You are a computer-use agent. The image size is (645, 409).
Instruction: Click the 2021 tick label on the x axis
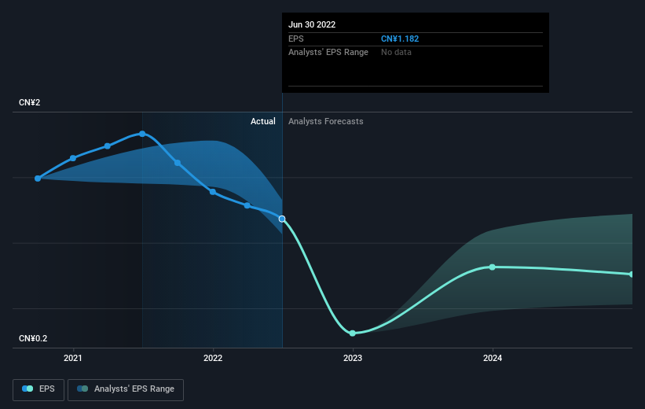pos(73,358)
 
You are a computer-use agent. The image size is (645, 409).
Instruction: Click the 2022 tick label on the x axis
pos(213,358)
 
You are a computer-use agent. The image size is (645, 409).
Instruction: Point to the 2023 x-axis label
pos(353,358)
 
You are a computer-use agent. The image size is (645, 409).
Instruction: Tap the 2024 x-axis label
pos(493,358)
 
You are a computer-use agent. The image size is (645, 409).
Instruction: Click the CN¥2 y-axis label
pos(30,102)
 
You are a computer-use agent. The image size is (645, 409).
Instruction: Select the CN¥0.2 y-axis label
pos(33,338)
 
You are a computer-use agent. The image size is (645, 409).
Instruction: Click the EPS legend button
pos(38,389)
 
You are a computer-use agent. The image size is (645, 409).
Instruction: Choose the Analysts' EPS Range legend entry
pos(126,389)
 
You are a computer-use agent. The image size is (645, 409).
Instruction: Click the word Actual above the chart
pos(263,121)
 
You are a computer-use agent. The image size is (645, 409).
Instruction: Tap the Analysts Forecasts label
pos(326,121)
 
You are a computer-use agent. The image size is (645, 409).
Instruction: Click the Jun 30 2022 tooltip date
pos(312,24)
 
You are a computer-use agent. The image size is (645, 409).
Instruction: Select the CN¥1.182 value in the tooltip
pos(400,39)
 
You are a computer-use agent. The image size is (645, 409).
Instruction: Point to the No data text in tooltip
pos(396,53)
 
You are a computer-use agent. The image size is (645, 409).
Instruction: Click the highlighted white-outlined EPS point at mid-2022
pos(282,219)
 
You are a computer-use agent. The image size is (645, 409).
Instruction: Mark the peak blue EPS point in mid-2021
pos(142,134)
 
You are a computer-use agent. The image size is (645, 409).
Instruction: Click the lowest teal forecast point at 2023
pos(353,333)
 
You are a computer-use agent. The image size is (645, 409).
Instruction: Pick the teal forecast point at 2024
pos(493,267)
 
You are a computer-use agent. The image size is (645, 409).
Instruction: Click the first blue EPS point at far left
pos(38,179)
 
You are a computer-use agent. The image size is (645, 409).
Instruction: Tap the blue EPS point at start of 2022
pos(213,192)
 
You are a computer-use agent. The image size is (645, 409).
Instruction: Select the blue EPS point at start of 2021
pos(73,158)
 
